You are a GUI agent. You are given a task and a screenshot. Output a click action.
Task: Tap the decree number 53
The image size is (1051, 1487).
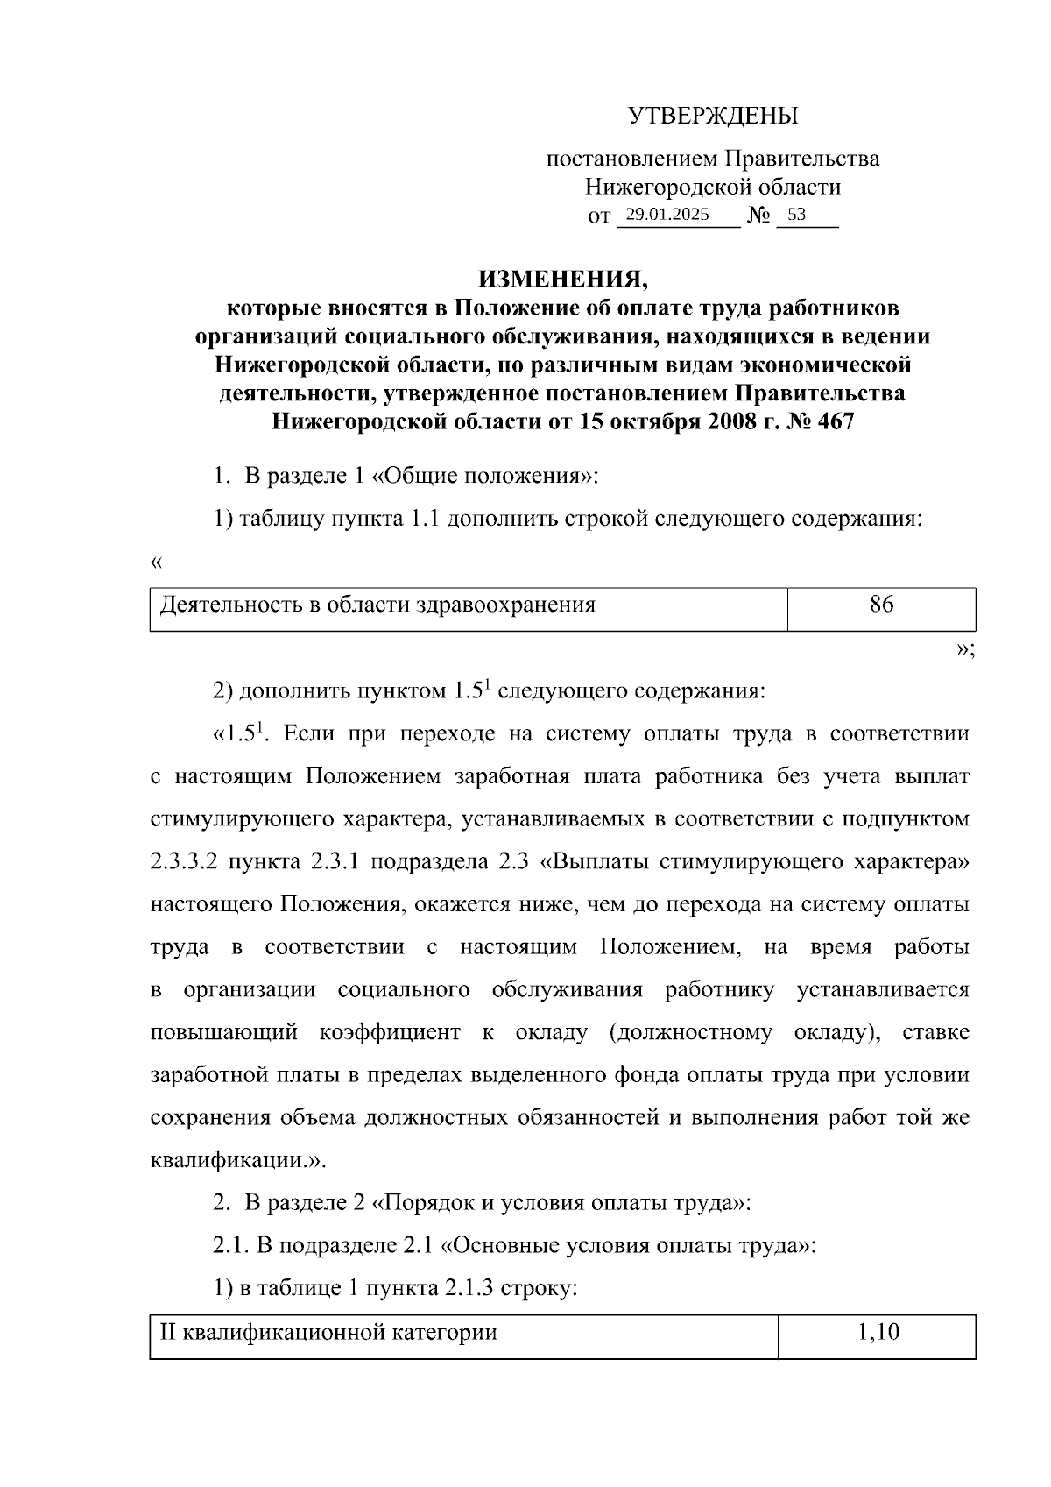[796, 215]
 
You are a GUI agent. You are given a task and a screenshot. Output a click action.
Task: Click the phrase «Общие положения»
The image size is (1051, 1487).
[483, 478]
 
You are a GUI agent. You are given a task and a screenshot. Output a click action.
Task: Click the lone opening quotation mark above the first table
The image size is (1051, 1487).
[157, 563]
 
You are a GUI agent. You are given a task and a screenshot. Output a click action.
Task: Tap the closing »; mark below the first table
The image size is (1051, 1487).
[965, 650]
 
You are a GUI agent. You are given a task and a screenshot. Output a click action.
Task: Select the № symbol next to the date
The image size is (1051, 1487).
[758, 216]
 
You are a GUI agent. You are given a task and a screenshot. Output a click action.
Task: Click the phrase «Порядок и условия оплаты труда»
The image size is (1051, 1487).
[561, 1203]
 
